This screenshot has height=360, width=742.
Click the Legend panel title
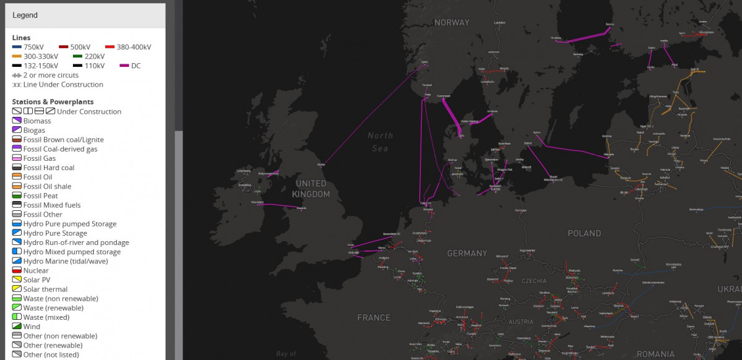point(25,15)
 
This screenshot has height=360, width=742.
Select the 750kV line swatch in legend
point(17,47)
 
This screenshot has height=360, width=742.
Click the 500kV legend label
point(80,47)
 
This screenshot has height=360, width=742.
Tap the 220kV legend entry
point(95,56)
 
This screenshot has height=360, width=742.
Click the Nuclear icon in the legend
point(17,270)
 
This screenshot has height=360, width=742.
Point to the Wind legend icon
point(17,327)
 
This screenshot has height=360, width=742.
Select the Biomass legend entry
point(36,121)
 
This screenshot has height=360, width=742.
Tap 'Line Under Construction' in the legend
point(63,85)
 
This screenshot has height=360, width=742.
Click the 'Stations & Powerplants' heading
point(53,101)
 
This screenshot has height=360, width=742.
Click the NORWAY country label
point(451,22)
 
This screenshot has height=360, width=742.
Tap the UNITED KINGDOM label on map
point(311,189)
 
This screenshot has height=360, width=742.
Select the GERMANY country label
point(467,253)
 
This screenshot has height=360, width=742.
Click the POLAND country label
point(584,233)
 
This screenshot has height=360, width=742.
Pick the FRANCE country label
point(373,317)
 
